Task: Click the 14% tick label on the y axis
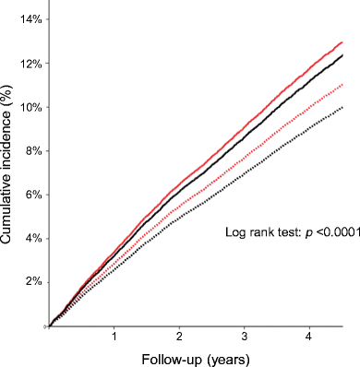tap(30, 19)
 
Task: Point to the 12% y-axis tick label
tap(30, 64)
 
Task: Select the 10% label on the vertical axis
tap(30, 108)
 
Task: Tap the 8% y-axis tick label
tap(33, 151)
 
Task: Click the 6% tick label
tap(33, 195)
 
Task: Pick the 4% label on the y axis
tap(33, 239)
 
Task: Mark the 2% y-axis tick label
tap(33, 282)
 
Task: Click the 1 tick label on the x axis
tap(114, 337)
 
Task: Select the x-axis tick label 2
tap(179, 337)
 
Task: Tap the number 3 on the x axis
tap(245, 337)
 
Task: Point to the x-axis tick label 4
tap(309, 337)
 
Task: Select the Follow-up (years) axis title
tap(196, 360)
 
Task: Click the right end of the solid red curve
tap(342, 42)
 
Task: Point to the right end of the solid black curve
tap(342, 55)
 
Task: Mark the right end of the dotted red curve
tap(342, 85)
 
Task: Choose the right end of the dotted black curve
tap(342, 107)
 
